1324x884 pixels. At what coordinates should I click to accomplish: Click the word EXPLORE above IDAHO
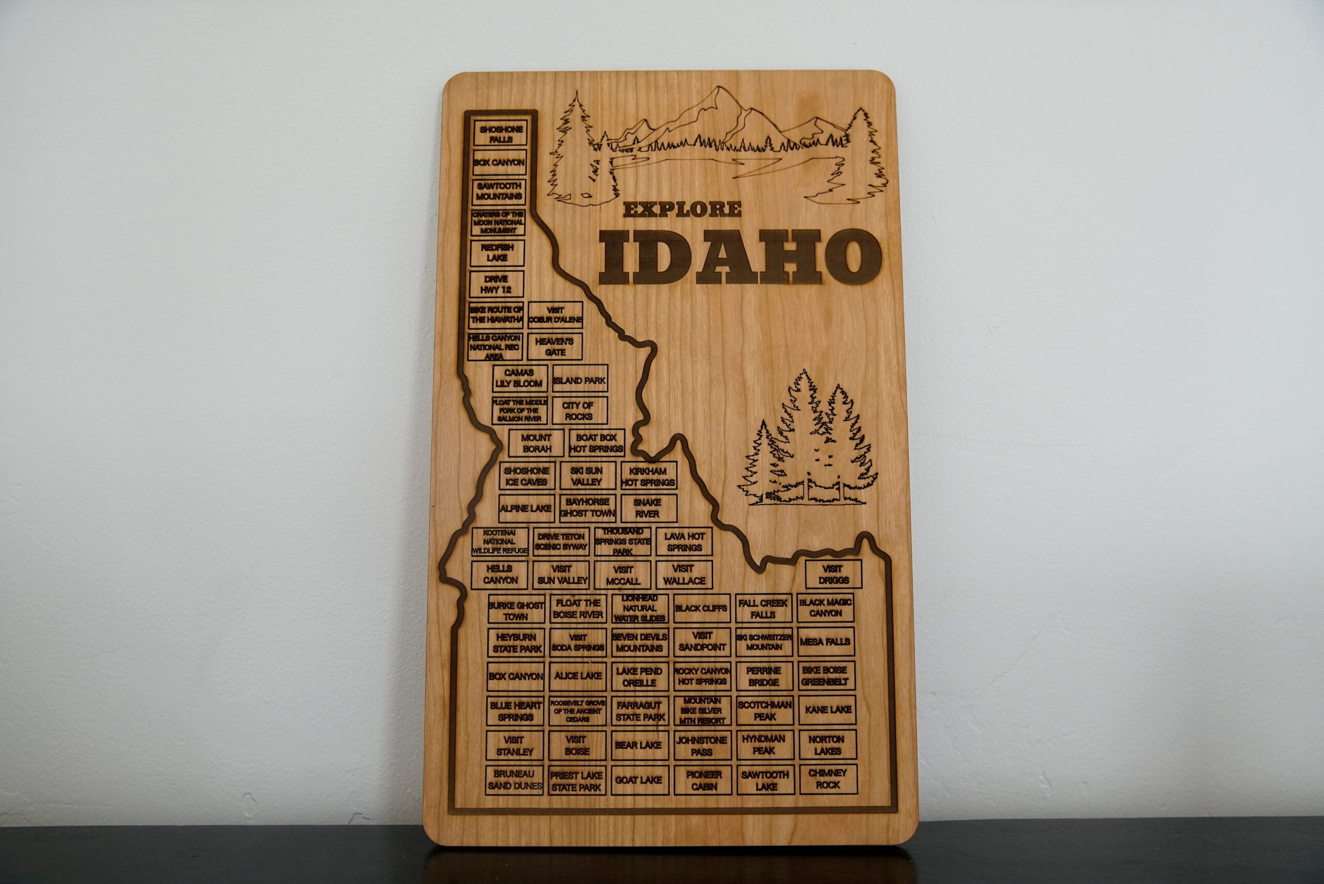point(682,210)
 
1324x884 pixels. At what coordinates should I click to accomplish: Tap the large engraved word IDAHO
point(739,257)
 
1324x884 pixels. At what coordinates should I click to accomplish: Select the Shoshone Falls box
point(500,134)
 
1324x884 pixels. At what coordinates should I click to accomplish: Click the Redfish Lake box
point(497,253)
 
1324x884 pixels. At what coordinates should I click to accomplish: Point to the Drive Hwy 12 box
point(496,284)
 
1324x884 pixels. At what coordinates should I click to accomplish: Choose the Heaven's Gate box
point(554,347)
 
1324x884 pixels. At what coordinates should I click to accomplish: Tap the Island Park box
point(579,380)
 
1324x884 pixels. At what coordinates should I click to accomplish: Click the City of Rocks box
point(579,411)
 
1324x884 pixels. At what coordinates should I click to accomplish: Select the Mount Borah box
point(536,443)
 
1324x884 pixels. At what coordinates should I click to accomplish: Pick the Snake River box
point(648,508)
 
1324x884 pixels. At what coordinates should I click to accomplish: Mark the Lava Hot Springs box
point(684,542)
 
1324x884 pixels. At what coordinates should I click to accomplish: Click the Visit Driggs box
point(833,574)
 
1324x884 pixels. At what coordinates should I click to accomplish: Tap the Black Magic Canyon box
point(825,608)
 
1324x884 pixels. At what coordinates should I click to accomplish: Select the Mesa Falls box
point(825,642)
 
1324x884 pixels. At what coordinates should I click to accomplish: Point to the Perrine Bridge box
point(763,676)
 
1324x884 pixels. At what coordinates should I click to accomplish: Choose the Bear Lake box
point(638,745)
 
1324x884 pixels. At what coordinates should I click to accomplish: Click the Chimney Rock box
point(827,778)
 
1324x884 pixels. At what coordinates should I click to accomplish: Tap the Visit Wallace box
point(684,574)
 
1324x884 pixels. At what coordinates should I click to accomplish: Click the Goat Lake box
point(638,780)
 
